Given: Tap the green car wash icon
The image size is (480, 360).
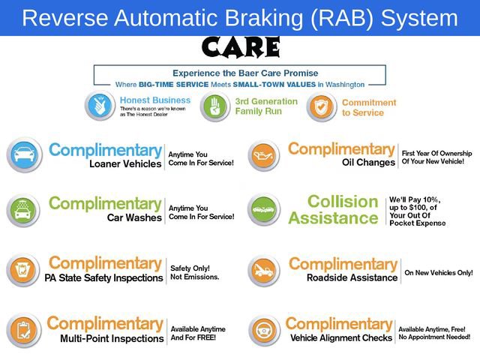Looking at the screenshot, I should [24, 211].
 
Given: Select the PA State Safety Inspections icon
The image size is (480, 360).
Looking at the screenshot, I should [24, 270].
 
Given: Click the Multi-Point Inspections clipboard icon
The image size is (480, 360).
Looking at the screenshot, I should [24, 331].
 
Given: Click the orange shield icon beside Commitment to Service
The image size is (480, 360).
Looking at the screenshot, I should [321, 107].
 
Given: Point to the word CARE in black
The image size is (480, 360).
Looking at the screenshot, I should [240, 48].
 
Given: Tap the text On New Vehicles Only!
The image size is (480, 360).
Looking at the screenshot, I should [439, 272].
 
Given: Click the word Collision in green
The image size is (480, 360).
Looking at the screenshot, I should [343, 202].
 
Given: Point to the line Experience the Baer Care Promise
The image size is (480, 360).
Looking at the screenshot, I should [245, 73].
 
